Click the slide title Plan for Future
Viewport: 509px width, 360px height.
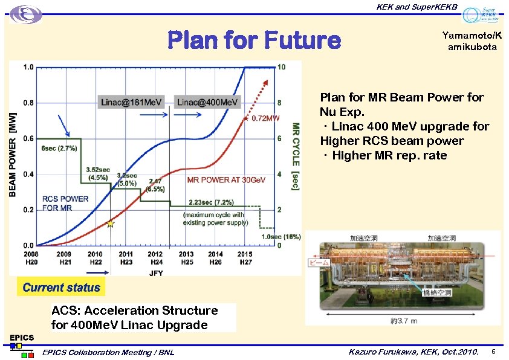pyautogui.click(x=254, y=40)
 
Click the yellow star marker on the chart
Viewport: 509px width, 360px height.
pyautogui.click(x=110, y=224)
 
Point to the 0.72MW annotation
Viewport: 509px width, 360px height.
pyautogui.click(x=265, y=118)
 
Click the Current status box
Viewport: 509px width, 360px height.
pyautogui.click(x=61, y=288)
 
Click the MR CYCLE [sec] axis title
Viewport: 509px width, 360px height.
pyautogui.click(x=296, y=156)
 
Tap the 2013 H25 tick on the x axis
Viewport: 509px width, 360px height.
pyautogui.click(x=186, y=258)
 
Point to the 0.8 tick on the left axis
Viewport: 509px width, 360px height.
pyautogui.click(x=28, y=103)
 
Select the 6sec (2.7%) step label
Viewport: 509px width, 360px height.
pyautogui.click(x=59, y=148)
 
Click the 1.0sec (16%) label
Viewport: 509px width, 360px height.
pyautogui.click(x=280, y=237)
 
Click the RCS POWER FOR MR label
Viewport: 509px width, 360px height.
pyautogui.click(x=65, y=204)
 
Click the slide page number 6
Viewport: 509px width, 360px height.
pyautogui.click(x=493, y=352)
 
